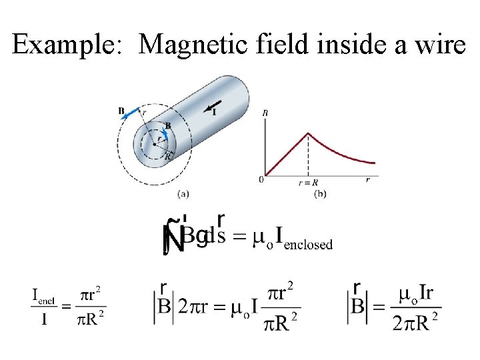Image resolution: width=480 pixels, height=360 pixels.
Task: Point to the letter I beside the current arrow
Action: click(x=214, y=112)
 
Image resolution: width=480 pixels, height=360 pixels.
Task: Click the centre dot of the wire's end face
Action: click(x=154, y=143)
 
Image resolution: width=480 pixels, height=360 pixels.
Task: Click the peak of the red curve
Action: click(x=307, y=133)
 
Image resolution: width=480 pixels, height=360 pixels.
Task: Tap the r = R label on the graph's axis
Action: click(x=308, y=181)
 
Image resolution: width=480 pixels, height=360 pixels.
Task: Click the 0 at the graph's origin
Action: click(x=262, y=179)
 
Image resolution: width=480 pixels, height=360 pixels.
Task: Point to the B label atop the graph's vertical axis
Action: click(x=265, y=113)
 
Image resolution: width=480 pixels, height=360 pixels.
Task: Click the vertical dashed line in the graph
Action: click(x=307, y=157)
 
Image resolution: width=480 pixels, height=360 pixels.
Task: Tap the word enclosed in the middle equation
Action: click(x=308, y=244)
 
